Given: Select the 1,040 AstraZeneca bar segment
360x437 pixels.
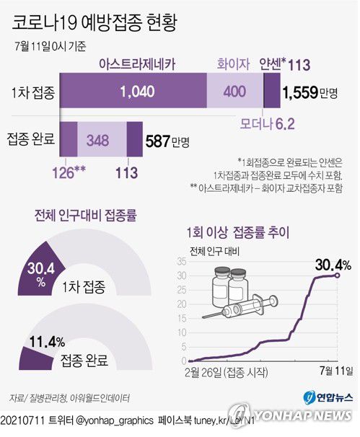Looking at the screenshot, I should (x=133, y=92).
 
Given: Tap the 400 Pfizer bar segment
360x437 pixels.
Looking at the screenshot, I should (x=234, y=92).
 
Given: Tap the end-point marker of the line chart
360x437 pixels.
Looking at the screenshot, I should (x=338, y=275).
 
